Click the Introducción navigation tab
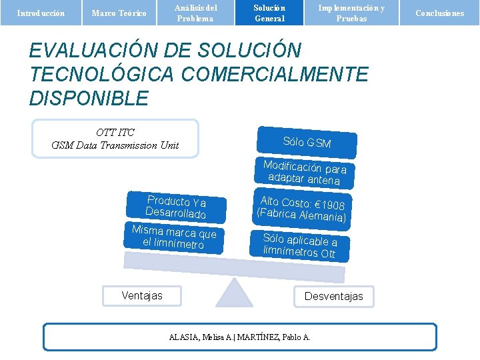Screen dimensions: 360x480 point(41,13)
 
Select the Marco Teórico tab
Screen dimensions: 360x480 point(119,13)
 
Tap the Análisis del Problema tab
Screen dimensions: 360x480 point(195,13)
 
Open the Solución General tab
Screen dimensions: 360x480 point(269,13)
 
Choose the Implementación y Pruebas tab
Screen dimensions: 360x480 point(351,13)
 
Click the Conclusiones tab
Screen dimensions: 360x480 point(439,13)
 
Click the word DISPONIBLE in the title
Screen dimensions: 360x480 point(89,99)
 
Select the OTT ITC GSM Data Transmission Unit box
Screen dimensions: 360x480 point(115,139)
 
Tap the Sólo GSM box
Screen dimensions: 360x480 point(307,142)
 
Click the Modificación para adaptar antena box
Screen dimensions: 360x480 point(305,173)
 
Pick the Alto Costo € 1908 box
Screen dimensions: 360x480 point(302,209)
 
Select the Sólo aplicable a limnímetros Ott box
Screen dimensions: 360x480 point(300,245)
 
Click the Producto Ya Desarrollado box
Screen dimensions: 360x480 point(176,207)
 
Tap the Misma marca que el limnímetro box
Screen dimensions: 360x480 point(173,237)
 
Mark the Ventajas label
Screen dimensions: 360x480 point(142,295)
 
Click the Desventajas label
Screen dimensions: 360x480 point(333,296)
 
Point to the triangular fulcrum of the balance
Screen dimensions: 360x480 point(234,293)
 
